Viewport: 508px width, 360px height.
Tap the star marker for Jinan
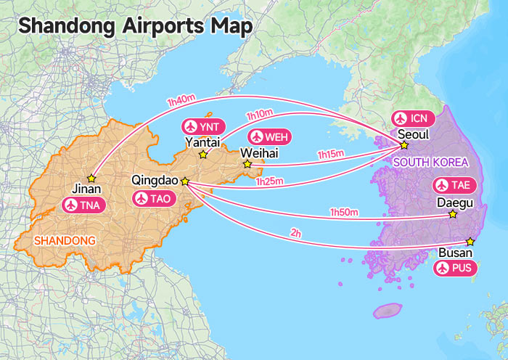(91, 178)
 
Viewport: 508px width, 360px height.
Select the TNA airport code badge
(84, 205)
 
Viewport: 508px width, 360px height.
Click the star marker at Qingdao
(184, 181)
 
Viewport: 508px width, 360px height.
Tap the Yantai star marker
(203, 154)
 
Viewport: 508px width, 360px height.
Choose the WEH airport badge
(269, 136)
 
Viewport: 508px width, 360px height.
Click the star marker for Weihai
(247, 164)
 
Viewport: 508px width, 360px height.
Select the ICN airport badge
(412, 118)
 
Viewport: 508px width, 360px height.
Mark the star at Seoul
(404, 145)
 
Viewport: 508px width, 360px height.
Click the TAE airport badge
(454, 184)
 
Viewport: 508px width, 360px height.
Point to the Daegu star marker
(453, 214)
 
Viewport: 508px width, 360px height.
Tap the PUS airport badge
(455, 269)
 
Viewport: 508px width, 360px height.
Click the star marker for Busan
(470, 241)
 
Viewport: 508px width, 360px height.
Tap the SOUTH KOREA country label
(430, 162)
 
